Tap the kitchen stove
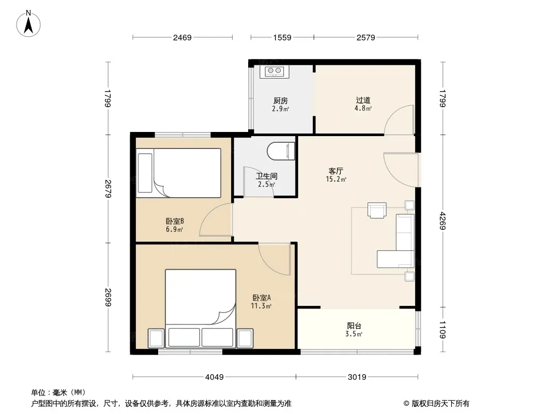click(274, 71)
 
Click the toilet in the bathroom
click(281, 151)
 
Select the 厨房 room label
click(281, 101)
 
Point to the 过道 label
click(363, 100)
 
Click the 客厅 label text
click(335, 171)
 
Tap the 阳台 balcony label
click(354, 326)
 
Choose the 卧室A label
click(262, 298)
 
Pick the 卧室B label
click(175, 221)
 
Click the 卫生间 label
click(266, 176)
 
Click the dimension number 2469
click(182, 37)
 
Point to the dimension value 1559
click(282, 37)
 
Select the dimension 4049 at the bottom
click(215, 377)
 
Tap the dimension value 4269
click(442, 221)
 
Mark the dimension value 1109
click(442, 330)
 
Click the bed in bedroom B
click(179, 173)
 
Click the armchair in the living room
click(377, 210)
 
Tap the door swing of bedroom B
click(216, 220)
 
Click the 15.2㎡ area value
click(336, 179)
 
